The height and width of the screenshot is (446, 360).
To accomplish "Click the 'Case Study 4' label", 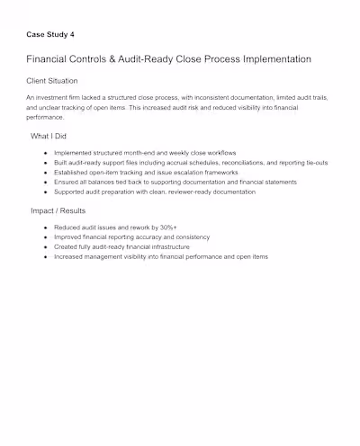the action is [50, 35].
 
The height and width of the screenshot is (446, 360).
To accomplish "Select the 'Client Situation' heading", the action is [58, 80].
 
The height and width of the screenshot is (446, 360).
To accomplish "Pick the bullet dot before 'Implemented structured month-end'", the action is [45, 154].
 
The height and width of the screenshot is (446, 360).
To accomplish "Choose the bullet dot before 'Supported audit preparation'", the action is [45, 191].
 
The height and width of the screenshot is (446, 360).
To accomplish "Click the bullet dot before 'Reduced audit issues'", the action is [45, 228].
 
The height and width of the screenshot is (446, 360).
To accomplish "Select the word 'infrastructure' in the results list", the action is [166, 246].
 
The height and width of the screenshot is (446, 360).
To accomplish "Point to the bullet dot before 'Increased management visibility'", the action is [45, 256].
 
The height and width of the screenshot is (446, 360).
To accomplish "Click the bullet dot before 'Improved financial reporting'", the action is [45, 237].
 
